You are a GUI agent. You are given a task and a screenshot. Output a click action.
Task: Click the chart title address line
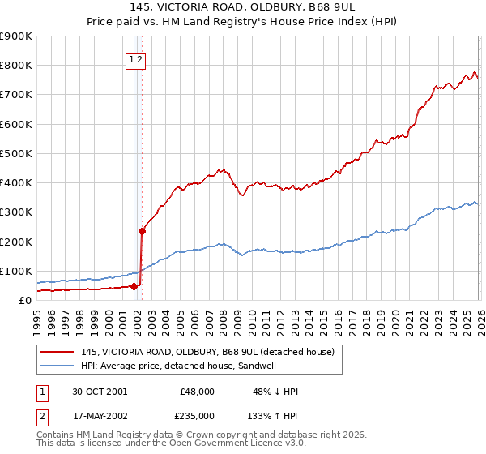[x=243, y=7]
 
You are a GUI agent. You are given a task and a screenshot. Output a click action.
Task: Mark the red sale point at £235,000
[x=142, y=231]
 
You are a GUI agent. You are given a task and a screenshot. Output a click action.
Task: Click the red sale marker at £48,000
[x=134, y=285]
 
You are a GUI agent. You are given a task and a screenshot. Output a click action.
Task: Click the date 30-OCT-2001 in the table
[x=100, y=392]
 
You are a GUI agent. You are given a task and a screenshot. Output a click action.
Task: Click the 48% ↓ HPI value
[x=275, y=392]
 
